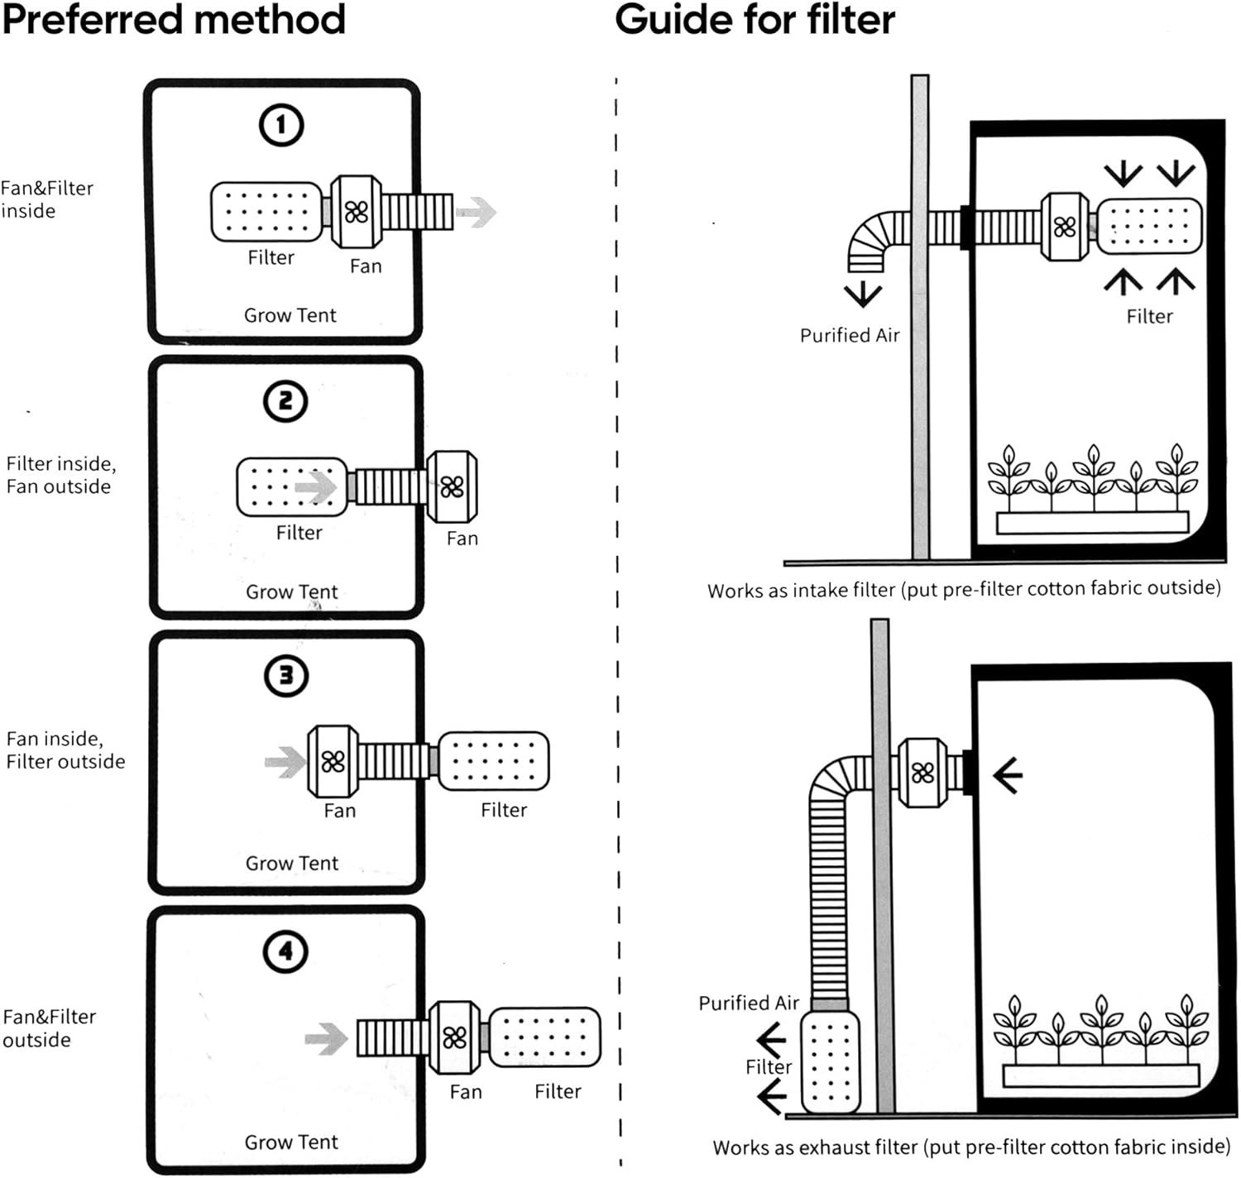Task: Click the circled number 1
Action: [x=281, y=125]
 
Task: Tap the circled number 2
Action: [x=285, y=401]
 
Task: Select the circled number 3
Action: [x=286, y=676]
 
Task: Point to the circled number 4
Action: [x=285, y=951]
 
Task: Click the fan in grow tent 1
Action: [x=357, y=212]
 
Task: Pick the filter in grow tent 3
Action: [x=493, y=760]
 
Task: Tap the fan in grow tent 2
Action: [x=452, y=486]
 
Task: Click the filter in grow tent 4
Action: [x=544, y=1036]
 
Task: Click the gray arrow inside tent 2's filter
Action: [x=315, y=486]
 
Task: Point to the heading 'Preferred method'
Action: [x=174, y=19]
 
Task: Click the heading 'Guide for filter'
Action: [x=755, y=19]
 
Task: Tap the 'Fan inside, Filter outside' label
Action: [x=65, y=750]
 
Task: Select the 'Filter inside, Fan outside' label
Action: [x=60, y=475]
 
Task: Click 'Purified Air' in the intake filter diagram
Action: [x=850, y=335]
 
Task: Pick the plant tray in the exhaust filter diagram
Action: [x=1100, y=1075]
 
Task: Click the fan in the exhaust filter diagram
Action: [x=922, y=773]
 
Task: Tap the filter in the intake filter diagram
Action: [x=1149, y=225]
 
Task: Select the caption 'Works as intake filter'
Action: [x=964, y=590]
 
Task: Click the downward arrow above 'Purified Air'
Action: [x=863, y=294]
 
